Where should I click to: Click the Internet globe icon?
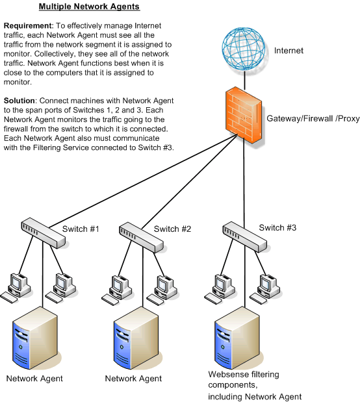243,49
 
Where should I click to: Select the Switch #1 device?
43,233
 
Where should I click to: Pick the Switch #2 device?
141,238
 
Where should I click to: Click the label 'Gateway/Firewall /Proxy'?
313,119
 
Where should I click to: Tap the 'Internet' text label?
289,51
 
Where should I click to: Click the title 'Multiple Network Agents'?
89,6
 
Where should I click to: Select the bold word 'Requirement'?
28,25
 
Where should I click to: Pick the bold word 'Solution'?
19,101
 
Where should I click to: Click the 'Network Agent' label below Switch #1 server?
34,379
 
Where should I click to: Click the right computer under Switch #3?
265,289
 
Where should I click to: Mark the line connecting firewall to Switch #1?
143,181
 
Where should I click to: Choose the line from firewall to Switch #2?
190,181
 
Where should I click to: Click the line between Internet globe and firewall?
244,81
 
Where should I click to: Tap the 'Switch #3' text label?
277,228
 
